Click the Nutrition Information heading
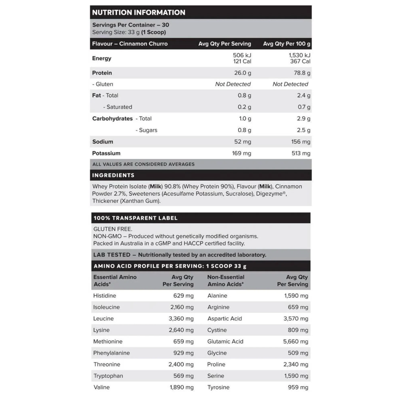[x=138, y=12]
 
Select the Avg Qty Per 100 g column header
[x=286, y=44]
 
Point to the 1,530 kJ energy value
[x=299, y=55]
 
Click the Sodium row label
[x=103, y=142]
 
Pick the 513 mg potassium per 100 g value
[x=300, y=153]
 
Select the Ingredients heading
[x=113, y=175]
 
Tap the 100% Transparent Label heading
[x=135, y=218]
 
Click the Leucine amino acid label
[x=103, y=319]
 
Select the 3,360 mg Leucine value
[x=181, y=319]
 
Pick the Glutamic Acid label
[x=225, y=341]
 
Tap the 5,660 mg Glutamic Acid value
[x=295, y=341]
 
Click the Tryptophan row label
[x=108, y=376]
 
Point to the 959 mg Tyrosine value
[x=298, y=387]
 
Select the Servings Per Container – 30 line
[x=131, y=25]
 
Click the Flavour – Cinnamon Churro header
[x=130, y=44]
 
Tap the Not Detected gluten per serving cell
[x=233, y=84]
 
